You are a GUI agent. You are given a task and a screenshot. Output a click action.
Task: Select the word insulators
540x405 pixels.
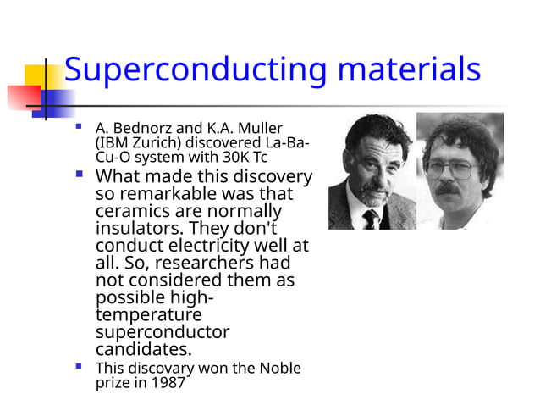(139, 228)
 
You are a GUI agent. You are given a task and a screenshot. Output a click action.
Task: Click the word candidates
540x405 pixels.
(144, 349)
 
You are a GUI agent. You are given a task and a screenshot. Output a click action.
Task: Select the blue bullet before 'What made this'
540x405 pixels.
(80, 176)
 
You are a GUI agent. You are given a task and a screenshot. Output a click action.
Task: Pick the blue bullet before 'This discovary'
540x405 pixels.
(80, 367)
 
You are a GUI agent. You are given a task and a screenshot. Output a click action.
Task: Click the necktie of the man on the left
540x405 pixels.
(370, 219)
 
